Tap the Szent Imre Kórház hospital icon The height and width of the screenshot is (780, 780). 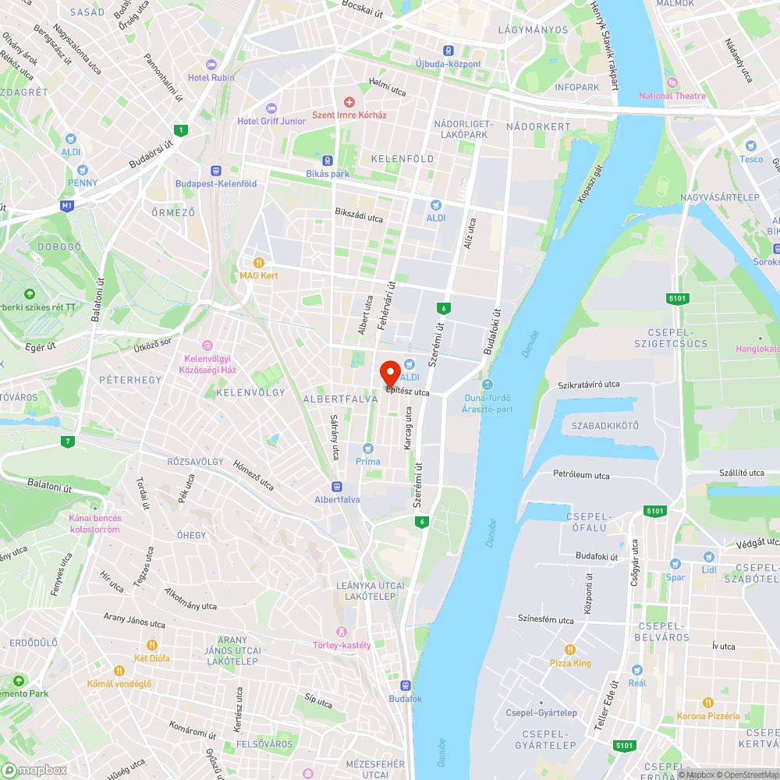[349, 102]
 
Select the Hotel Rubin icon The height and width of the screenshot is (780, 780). [211, 65]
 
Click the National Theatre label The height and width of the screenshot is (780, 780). [672, 96]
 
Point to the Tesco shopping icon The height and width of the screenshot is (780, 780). [751, 146]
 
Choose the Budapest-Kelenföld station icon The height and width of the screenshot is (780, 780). [216, 171]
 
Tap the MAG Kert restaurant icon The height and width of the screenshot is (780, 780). [259, 263]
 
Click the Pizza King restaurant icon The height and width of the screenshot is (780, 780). [570, 650]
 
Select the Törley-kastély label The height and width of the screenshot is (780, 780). [341, 645]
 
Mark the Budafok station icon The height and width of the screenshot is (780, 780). [405, 686]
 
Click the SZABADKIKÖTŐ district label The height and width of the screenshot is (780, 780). [605, 426]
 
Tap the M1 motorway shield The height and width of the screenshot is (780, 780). [68, 206]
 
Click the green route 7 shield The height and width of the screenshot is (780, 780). [69, 442]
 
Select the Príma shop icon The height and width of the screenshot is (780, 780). [368, 448]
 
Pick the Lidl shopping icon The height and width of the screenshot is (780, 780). [708, 557]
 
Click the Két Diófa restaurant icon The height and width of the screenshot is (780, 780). [152, 645]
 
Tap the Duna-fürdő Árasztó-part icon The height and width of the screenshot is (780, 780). [487, 385]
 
